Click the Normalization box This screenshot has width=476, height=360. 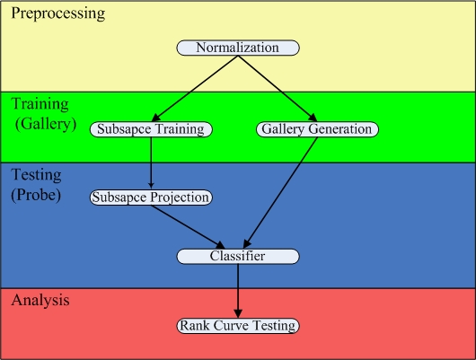238,48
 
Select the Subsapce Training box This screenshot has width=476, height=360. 151,129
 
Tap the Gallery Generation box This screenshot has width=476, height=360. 317,129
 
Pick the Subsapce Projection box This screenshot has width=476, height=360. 151,198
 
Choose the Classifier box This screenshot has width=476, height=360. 238,257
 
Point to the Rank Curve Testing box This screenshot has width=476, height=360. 238,326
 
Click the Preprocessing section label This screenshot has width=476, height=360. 58,14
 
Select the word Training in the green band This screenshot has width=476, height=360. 40,104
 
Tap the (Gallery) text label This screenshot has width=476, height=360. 46,124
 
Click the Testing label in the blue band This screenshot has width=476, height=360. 37,175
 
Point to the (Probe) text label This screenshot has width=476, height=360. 36,195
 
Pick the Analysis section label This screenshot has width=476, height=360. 40,300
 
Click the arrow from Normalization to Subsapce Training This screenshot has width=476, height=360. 195,89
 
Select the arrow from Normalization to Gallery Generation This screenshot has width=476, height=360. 278,89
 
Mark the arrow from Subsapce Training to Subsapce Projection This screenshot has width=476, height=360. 151,162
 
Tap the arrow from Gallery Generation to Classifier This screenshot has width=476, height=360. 280,193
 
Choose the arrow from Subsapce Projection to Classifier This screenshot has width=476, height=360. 189,227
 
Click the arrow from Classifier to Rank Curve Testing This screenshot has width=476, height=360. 238,291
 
